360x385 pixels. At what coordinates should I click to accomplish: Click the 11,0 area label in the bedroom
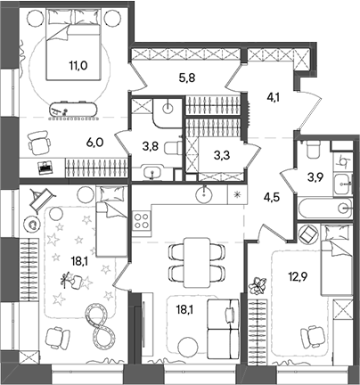click(78, 66)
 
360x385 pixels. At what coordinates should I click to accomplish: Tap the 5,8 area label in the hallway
click(187, 79)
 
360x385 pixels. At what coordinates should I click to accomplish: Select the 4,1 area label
click(272, 97)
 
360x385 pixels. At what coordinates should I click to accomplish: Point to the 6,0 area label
click(95, 143)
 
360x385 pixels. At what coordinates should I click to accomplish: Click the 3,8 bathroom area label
click(150, 146)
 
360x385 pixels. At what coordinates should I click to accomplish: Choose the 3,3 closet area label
click(221, 155)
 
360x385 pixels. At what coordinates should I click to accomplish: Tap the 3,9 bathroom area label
click(315, 177)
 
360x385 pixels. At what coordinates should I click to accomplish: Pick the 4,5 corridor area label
click(272, 197)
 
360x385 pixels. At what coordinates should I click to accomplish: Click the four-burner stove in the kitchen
click(142, 221)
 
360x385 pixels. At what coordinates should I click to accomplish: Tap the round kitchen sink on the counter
click(204, 193)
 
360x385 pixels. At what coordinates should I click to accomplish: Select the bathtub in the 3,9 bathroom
click(324, 209)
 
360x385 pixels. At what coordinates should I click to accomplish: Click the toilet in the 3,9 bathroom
click(312, 149)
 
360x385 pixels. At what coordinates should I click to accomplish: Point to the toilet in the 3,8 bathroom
click(172, 146)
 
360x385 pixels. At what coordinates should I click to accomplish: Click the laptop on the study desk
click(45, 168)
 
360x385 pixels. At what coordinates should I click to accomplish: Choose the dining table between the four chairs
click(196, 263)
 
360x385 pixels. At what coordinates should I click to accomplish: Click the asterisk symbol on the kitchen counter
click(237, 194)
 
